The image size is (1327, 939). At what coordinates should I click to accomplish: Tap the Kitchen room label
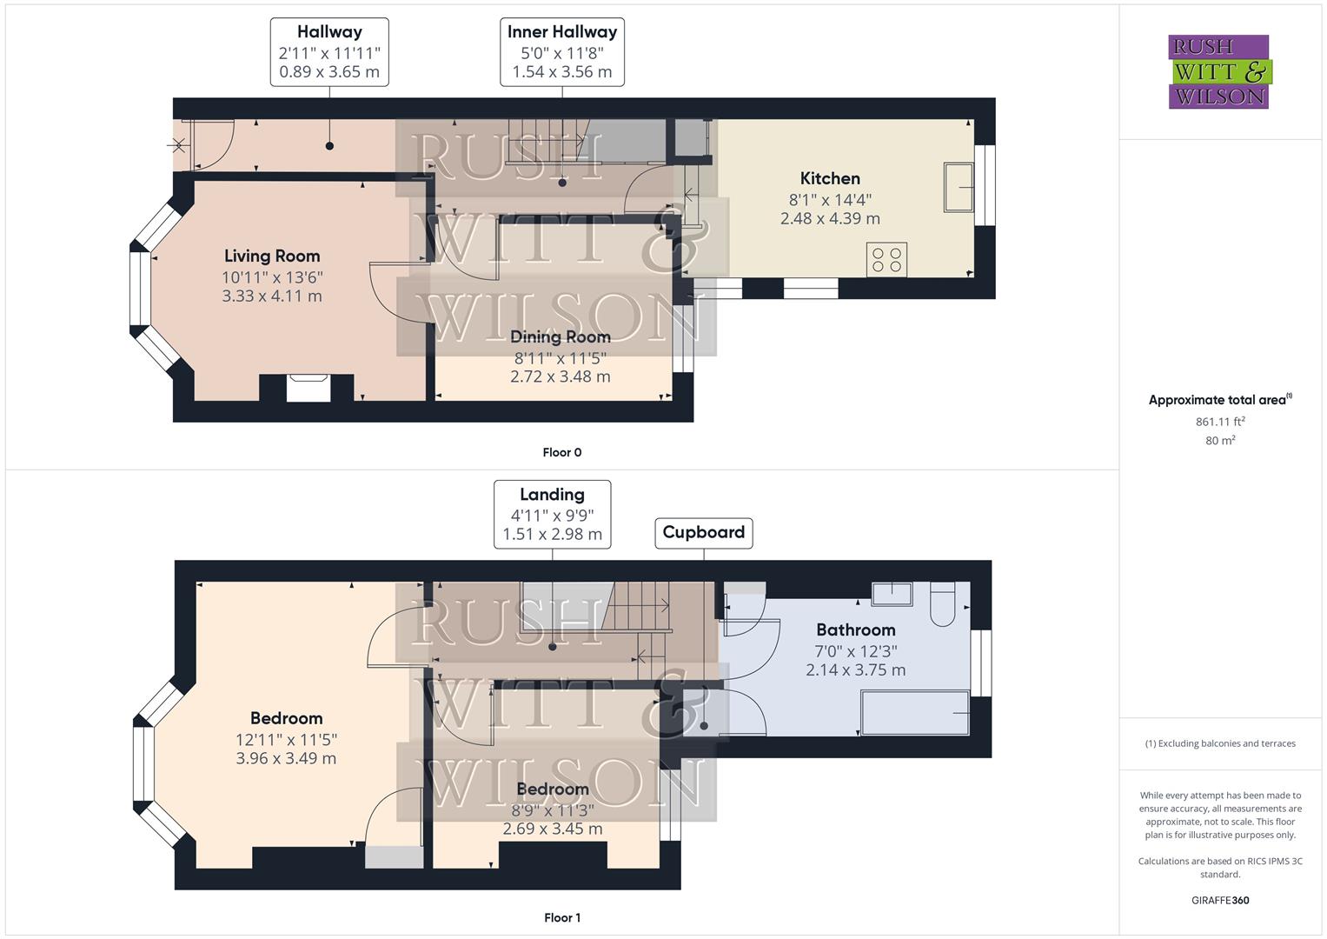coord(830,178)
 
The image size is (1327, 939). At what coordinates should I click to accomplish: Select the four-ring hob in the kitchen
coord(886,259)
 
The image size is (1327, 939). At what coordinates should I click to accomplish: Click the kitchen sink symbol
coord(958,186)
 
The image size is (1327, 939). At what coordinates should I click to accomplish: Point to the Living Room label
coord(272,256)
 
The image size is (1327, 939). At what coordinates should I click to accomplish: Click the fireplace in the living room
coord(308,387)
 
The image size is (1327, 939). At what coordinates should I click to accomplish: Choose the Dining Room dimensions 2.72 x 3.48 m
coord(560,376)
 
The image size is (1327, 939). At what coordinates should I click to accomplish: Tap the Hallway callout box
coord(329,52)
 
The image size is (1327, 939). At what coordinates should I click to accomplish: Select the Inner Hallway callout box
coord(562,52)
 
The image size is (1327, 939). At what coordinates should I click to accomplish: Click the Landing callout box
coord(552,515)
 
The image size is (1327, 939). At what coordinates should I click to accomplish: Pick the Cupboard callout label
coord(703,532)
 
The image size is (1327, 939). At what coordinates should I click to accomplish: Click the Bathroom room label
coord(855,629)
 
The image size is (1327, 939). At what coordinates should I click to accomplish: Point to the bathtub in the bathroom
coord(914,713)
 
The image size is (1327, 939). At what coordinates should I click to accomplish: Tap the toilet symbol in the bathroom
coord(942,604)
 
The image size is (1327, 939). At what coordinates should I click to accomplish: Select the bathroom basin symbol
coord(892,594)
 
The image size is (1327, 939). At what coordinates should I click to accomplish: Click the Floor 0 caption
coord(561,452)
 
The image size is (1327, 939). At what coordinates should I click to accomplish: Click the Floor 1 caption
coord(561,917)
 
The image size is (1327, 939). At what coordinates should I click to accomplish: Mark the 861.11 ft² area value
coord(1220,422)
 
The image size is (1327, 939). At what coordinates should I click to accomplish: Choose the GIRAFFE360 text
coord(1220,900)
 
